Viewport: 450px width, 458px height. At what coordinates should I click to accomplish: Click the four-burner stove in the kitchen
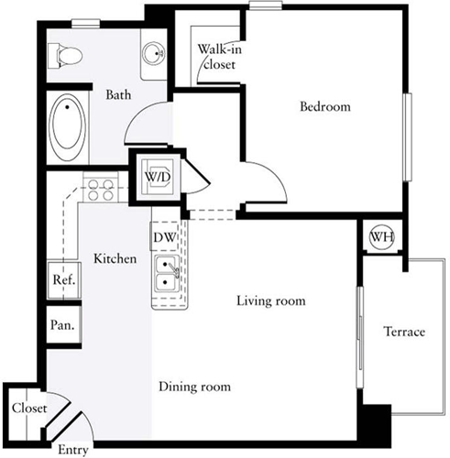click(100, 189)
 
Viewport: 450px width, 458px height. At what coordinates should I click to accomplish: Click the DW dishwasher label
click(164, 238)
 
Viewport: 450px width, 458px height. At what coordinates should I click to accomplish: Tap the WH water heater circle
click(380, 237)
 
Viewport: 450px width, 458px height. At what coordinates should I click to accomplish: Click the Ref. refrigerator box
click(62, 279)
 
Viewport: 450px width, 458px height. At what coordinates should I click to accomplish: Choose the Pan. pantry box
click(61, 324)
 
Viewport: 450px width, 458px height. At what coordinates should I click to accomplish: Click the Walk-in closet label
click(217, 57)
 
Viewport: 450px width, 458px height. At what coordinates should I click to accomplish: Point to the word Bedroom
click(325, 107)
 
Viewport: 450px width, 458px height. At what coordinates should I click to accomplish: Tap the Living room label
click(270, 300)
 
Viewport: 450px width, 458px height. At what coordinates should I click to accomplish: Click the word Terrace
click(403, 331)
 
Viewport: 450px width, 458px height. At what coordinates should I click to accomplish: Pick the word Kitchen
click(115, 259)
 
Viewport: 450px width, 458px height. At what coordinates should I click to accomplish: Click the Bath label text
click(118, 94)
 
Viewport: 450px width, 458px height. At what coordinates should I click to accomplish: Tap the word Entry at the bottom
click(72, 451)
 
